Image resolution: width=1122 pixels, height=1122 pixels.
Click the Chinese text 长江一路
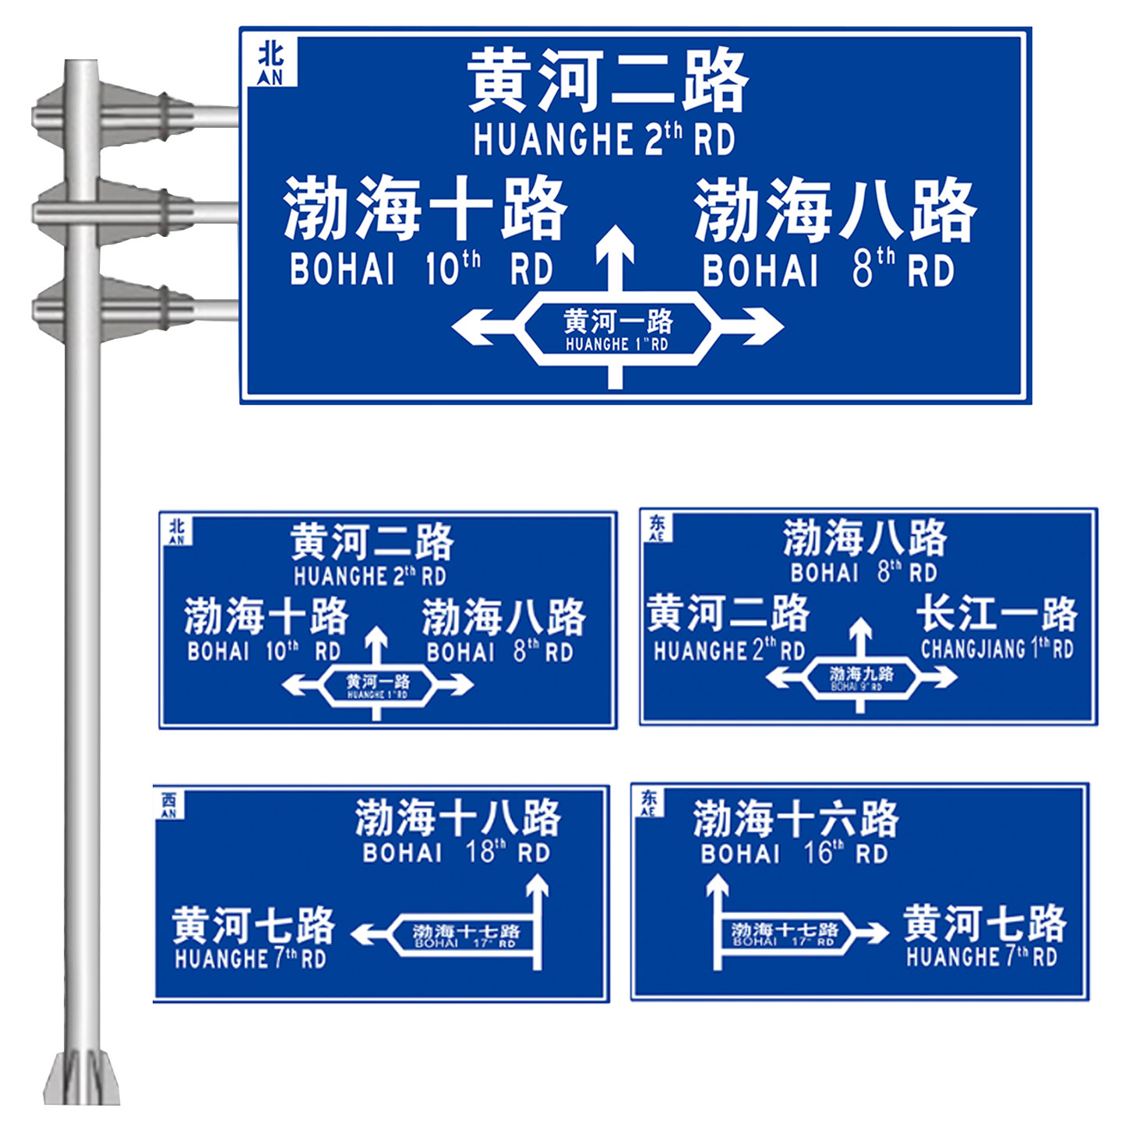(x=997, y=614)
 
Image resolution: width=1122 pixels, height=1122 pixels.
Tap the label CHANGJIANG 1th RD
(x=997, y=648)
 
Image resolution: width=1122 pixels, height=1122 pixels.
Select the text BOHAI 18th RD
(x=457, y=852)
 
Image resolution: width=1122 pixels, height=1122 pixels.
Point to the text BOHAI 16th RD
(x=794, y=853)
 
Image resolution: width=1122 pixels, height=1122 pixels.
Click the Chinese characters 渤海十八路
(x=457, y=817)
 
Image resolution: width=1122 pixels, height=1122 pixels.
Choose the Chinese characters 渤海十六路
(x=796, y=819)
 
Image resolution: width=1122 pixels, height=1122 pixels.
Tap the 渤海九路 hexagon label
(x=860, y=676)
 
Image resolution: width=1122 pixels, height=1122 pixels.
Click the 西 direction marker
(x=169, y=803)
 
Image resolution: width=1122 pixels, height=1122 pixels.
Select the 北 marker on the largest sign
(x=271, y=62)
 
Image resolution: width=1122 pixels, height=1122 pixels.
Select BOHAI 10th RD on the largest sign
(x=421, y=269)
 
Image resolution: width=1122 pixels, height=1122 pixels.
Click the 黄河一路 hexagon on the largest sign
(x=617, y=329)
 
